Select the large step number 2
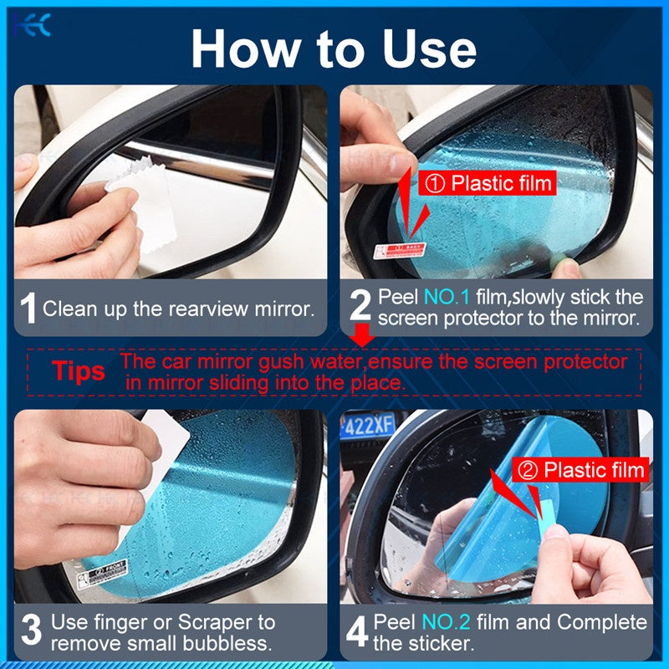pos(360,307)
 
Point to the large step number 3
pos(30,631)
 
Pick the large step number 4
pos(357,632)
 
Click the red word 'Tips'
pos(79,370)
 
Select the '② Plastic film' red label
pos(583,470)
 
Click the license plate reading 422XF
pos(367,426)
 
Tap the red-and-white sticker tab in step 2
pos(399,249)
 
